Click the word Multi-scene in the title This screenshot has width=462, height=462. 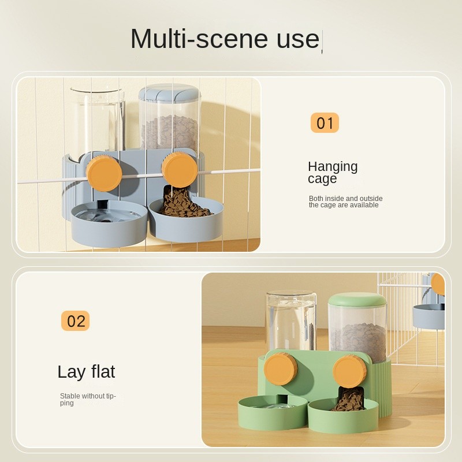(x=199, y=38)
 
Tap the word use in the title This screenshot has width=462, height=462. (x=298, y=39)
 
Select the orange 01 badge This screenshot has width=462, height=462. (x=325, y=122)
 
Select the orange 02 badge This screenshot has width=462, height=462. (x=75, y=321)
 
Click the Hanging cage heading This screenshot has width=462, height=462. (x=333, y=173)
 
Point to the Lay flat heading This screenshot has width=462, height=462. (x=86, y=371)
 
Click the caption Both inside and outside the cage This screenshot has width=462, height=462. (x=345, y=202)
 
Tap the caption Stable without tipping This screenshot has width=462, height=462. (x=88, y=400)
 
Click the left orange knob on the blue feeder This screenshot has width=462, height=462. (x=104, y=174)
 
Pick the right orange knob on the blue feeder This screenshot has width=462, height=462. (x=180, y=170)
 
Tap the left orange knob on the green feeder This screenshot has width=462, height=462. (x=281, y=369)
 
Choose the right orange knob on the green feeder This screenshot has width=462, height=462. (x=350, y=371)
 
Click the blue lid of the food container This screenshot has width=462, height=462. (x=169, y=92)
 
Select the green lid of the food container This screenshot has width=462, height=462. (x=357, y=303)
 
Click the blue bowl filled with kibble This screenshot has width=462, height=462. (x=186, y=219)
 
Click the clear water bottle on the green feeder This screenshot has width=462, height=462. (x=291, y=321)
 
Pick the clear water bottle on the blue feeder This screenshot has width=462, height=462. (x=97, y=121)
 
